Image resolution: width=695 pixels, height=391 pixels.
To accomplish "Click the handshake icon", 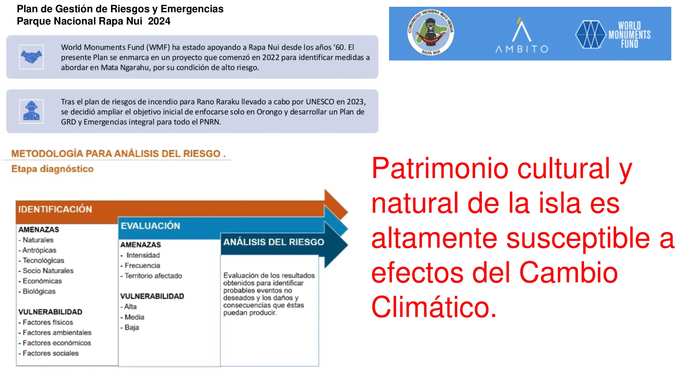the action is pos(31,57).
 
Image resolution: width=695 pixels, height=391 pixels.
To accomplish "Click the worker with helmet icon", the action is pos(31,111).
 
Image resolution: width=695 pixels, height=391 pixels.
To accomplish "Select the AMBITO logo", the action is pos(522,35).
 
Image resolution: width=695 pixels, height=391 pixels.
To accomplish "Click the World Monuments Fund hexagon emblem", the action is pos(590,34).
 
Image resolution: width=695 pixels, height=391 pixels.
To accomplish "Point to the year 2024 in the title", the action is pos(159,21).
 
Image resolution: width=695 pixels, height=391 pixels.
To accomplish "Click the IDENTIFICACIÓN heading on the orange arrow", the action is pos(55,209).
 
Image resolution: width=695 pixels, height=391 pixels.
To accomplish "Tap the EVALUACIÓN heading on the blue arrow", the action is pos(150,226).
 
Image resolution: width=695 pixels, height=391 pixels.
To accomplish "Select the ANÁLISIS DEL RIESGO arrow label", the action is pos(274,242).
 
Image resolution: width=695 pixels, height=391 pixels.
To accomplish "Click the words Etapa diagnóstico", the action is pos(52,169).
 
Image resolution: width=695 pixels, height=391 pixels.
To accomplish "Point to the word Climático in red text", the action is pos(434,307).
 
